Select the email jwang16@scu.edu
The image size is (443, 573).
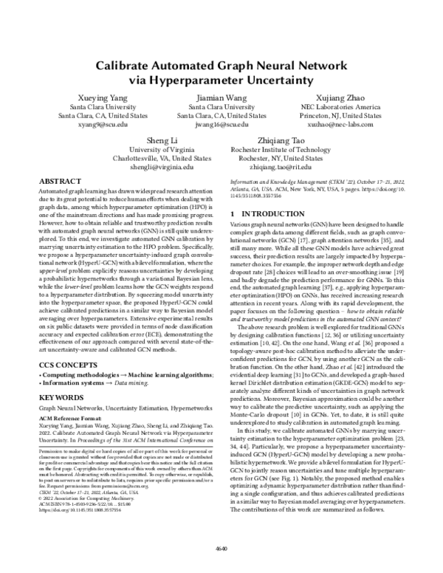click(221, 126)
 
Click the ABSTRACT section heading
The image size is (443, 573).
click(58, 180)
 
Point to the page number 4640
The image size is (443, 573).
click(221, 549)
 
